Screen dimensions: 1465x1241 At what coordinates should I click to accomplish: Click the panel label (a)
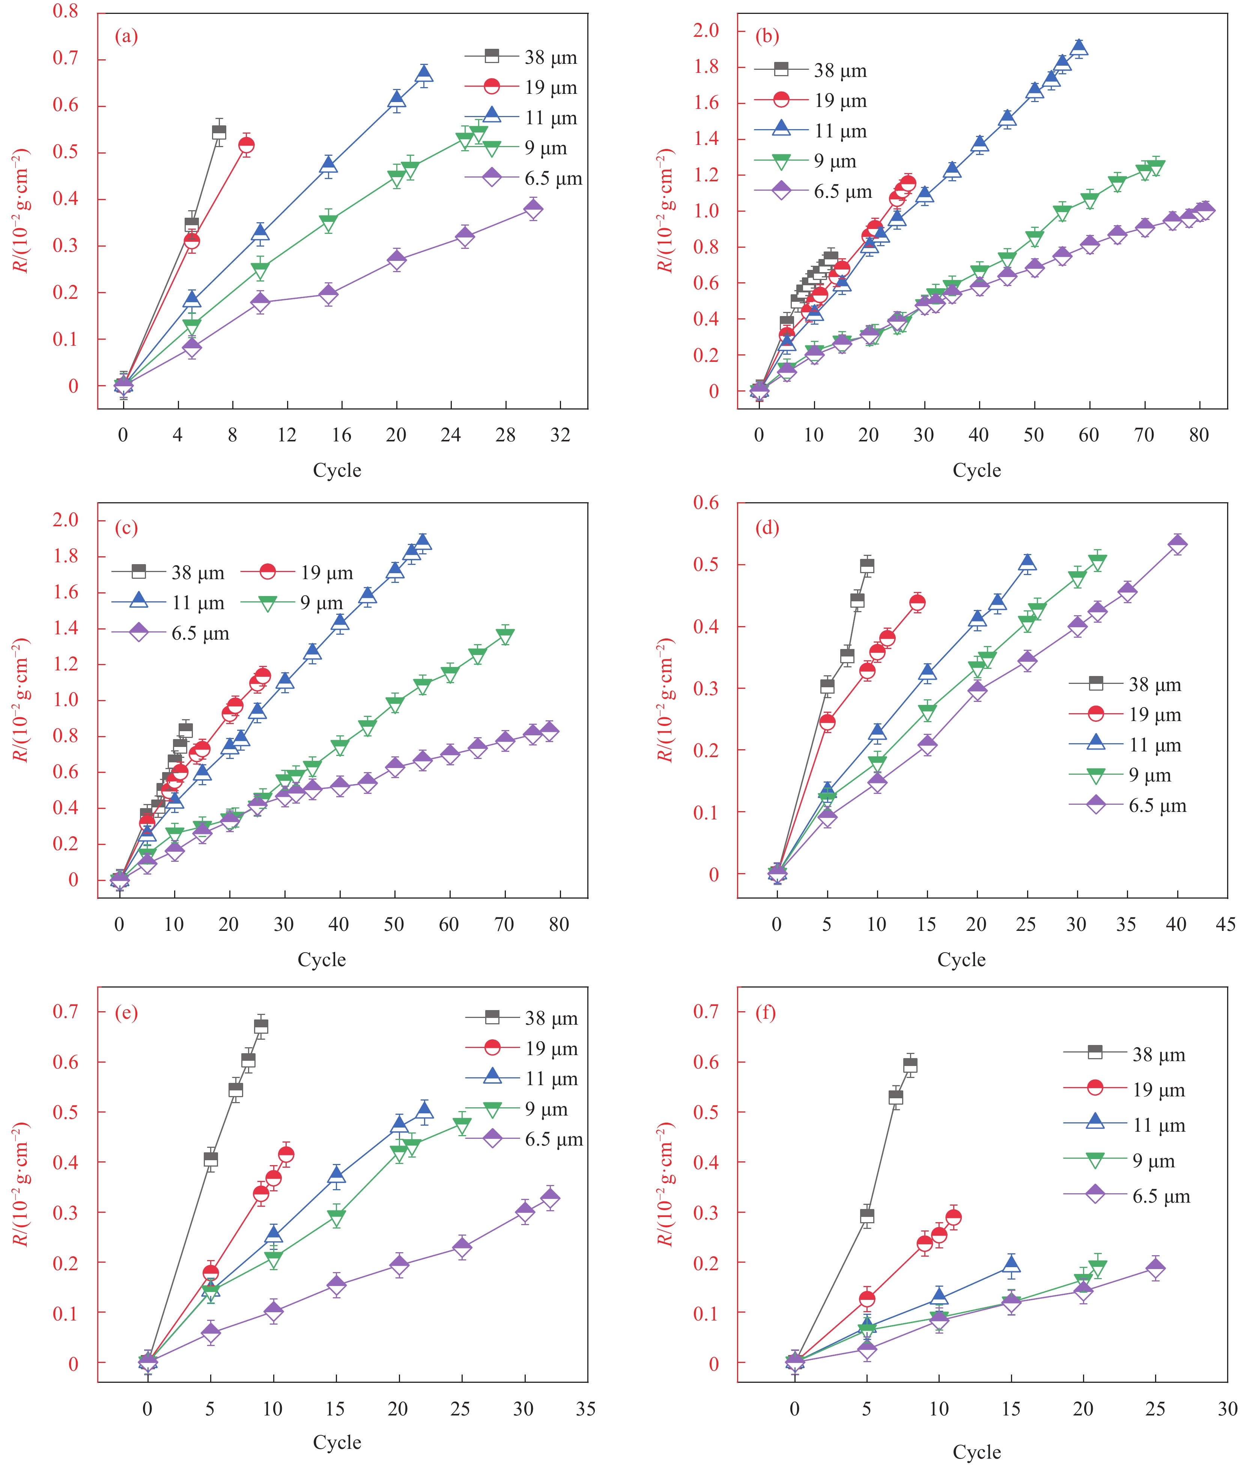click(126, 36)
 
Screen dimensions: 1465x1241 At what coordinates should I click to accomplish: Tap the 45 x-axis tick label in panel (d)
click(1226, 924)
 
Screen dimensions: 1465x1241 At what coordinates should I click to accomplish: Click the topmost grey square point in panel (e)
click(261, 1026)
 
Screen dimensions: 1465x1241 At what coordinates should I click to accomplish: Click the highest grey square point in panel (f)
click(910, 1065)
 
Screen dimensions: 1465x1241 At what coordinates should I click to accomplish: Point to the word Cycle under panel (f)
click(976, 1451)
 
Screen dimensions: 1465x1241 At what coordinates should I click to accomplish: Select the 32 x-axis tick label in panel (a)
click(560, 435)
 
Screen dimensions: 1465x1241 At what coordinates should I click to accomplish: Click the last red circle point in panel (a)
click(246, 145)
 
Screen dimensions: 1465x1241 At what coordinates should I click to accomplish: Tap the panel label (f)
click(766, 1013)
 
